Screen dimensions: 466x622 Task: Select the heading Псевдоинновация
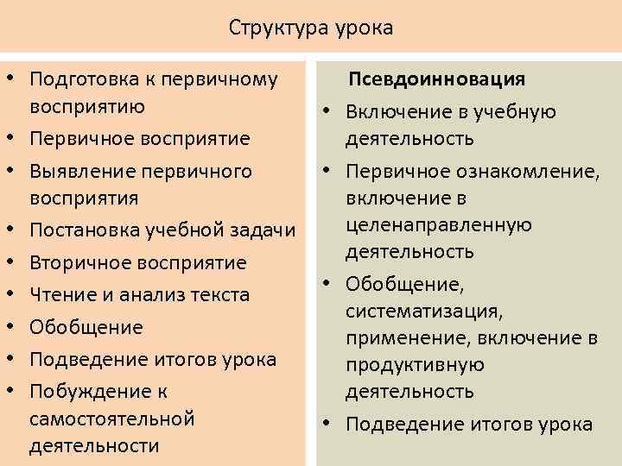tap(436, 79)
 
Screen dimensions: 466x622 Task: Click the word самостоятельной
tap(111, 419)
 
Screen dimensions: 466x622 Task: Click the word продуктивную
tap(415, 364)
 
